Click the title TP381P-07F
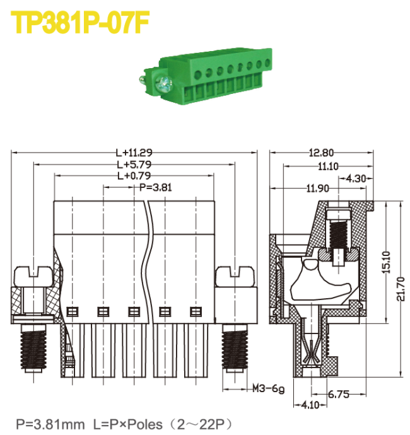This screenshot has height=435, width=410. pos(81,24)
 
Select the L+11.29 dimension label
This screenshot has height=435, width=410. pos(134,153)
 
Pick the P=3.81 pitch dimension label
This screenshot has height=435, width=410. pos(155,187)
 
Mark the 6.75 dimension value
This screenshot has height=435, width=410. pos(339,395)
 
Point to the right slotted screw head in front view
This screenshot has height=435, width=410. pos(236,275)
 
